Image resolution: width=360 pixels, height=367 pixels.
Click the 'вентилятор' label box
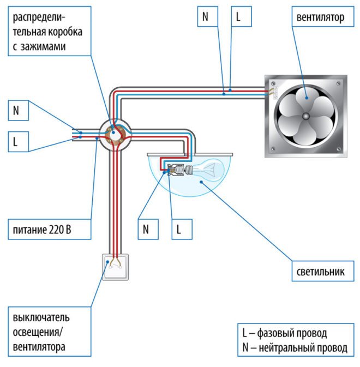321,18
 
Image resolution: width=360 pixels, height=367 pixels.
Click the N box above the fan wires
205,17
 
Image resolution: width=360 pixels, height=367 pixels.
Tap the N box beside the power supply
16,111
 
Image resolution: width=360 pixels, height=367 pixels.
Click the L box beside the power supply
16,143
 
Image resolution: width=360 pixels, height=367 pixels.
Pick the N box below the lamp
146,230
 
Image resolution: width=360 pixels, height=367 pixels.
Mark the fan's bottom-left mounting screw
274,149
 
